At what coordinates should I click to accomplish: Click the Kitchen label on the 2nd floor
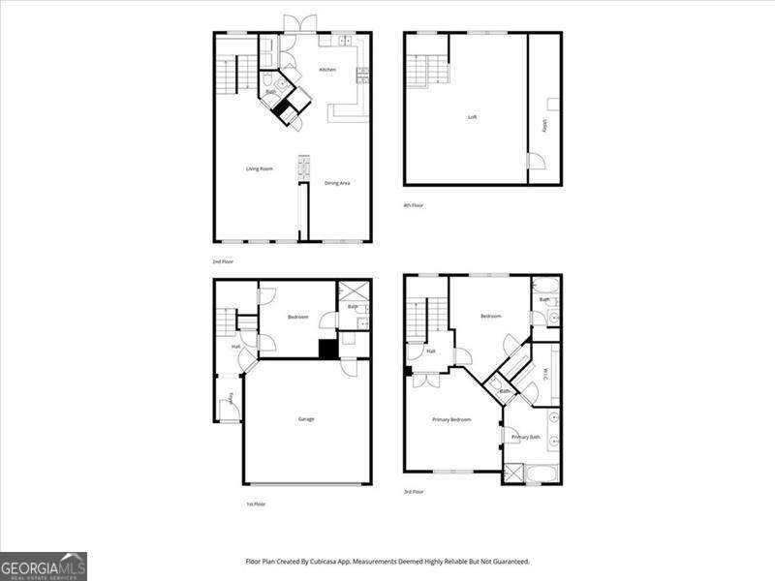pyautogui.click(x=327, y=70)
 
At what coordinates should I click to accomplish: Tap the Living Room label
pyautogui.click(x=259, y=169)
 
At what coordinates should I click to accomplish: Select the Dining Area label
pyautogui.click(x=337, y=183)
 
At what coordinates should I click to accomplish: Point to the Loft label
pyautogui.click(x=472, y=117)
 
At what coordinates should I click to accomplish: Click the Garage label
pyautogui.click(x=306, y=418)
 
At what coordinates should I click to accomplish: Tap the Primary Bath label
pyautogui.click(x=527, y=438)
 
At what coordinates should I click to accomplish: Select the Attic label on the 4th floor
pyautogui.click(x=544, y=125)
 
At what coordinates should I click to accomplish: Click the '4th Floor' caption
pyautogui.click(x=414, y=205)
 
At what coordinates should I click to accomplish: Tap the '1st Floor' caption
pyautogui.click(x=256, y=504)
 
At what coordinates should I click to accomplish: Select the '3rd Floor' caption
pyautogui.click(x=415, y=492)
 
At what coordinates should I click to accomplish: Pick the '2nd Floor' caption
pyautogui.click(x=223, y=261)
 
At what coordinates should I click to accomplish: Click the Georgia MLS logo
pyautogui.click(x=44, y=566)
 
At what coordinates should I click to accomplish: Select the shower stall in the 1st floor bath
pyautogui.click(x=352, y=290)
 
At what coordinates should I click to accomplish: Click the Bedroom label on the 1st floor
pyautogui.click(x=297, y=317)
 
